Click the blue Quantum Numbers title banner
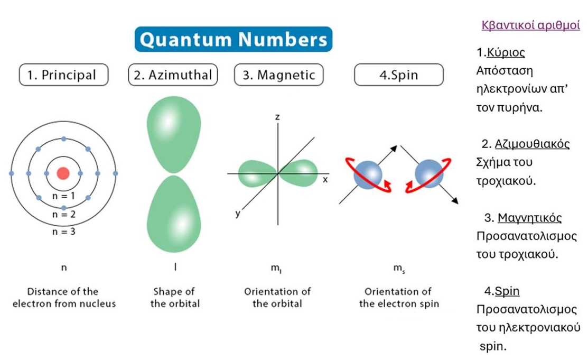coord(234,40)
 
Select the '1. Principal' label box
coord(63,75)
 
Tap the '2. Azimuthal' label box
coord(173,75)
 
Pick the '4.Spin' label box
coord(398,75)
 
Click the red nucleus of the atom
coord(63,173)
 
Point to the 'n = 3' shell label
coord(63,231)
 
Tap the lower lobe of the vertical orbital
coord(173,214)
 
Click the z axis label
coord(277,117)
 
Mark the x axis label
coord(325,180)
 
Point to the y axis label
coord(238,214)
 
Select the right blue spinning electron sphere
coord(428,173)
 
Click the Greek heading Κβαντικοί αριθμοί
coord(530,25)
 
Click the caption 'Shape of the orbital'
coord(175,298)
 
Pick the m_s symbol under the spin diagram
coord(398,268)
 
